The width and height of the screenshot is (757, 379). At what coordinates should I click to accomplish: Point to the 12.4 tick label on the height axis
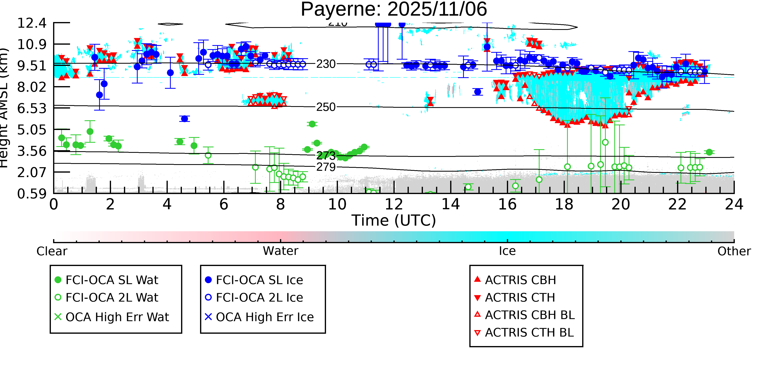click(x=32, y=23)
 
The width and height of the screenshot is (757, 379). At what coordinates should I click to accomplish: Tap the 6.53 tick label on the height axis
click(x=32, y=108)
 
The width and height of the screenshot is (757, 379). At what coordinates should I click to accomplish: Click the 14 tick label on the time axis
click(x=451, y=204)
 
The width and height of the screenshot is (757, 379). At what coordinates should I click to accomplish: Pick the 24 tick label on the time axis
click(x=734, y=204)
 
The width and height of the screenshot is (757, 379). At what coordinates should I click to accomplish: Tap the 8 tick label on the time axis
click(x=280, y=204)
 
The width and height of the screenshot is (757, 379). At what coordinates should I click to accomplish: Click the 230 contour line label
click(x=326, y=64)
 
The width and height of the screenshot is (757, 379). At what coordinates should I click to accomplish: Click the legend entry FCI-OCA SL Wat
click(x=112, y=280)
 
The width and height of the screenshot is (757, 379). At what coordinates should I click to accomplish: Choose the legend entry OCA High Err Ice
click(x=264, y=317)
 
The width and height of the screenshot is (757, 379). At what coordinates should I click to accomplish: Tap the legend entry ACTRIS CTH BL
click(x=529, y=333)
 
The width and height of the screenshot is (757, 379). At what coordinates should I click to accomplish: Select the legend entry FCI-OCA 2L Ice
click(x=259, y=298)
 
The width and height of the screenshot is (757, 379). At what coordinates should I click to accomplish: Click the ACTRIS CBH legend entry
click(x=520, y=280)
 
